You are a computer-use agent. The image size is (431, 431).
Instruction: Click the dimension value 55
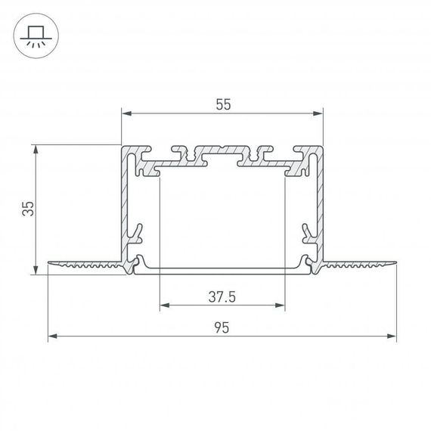pyautogui.click(x=222, y=106)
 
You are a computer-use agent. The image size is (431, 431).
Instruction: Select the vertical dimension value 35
pyautogui.click(x=27, y=209)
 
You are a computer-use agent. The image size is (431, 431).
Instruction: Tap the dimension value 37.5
pyautogui.click(x=222, y=297)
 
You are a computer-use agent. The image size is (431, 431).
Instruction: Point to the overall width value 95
pyautogui.click(x=222, y=327)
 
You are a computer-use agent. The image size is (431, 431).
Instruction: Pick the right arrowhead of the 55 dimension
pyautogui.click(x=318, y=114)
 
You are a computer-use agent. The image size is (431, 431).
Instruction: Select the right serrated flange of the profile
pyautogui.click(x=360, y=264)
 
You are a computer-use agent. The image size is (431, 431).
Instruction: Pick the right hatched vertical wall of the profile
pyautogui.click(x=321, y=204)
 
